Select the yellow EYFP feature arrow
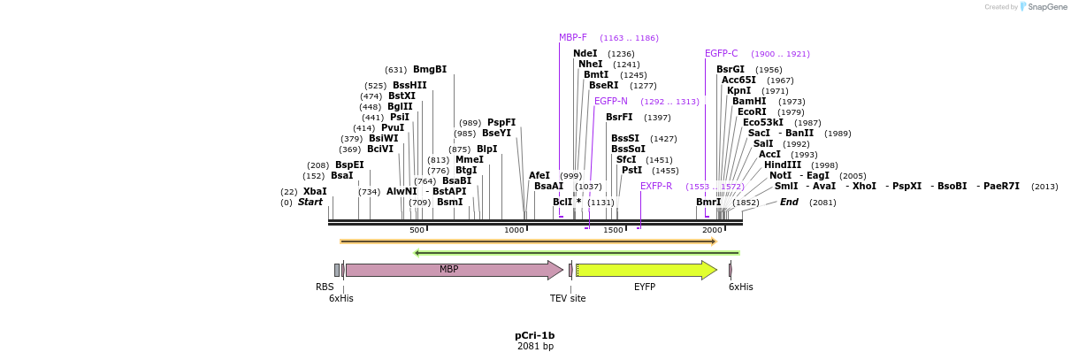click(x=646, y=270)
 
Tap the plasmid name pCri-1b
click(x=534, y=336)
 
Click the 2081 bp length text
click(x=535, y=347)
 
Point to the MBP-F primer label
click(x=572, y=37)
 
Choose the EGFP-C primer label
click(x=721, y=53)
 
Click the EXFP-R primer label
click(x=656, y=186)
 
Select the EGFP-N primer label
click(x=610, y=101)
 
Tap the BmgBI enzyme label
click(x=430, y=69)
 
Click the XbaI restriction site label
click(x=315, y=191)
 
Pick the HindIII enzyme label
click(x=783, y=165)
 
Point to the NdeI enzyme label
click(x=585, y=53)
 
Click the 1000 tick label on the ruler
click(x=514, y=230)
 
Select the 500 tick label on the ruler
click(x=417, y=230)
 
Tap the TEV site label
click(x=568, y=299)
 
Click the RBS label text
click(x=325, y=287)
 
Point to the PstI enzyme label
click(x=631, y=170)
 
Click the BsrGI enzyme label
click(x=731, y=69)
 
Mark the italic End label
click(x=789, y=202)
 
